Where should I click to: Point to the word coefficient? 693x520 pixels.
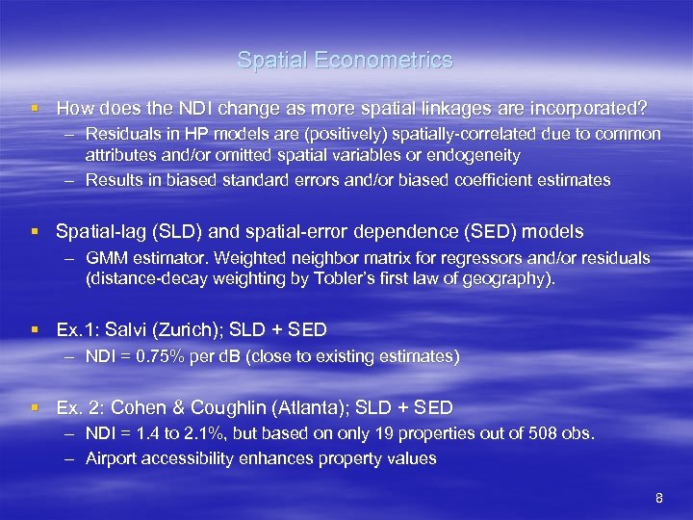(461, 180)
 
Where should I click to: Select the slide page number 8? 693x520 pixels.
(659, 498)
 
